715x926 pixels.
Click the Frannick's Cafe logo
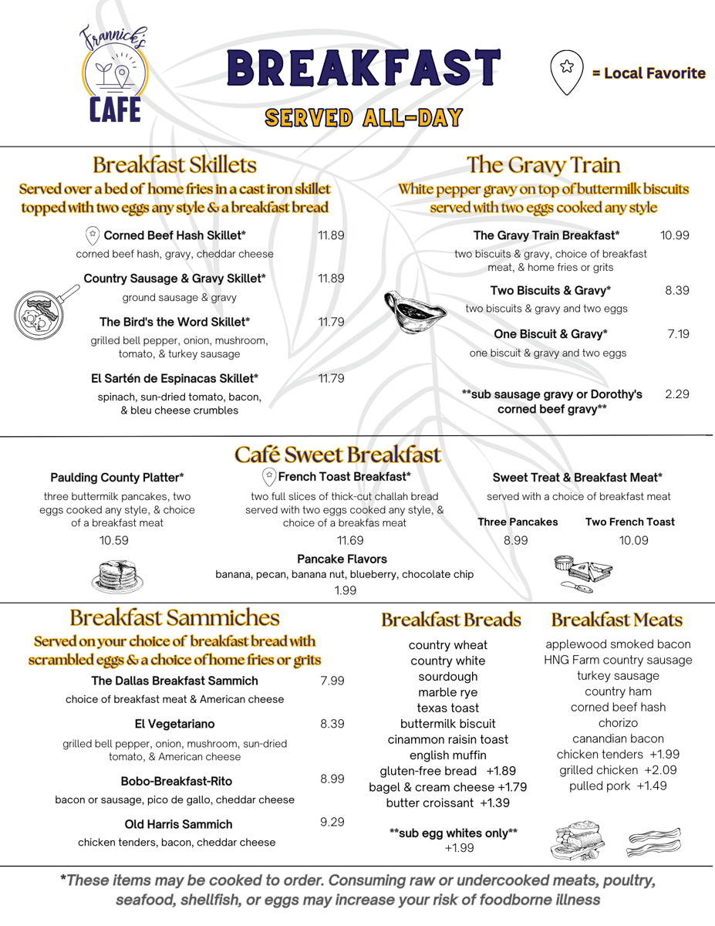114,75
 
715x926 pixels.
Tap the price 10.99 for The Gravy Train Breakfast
674,235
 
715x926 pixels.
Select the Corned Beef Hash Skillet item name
174,235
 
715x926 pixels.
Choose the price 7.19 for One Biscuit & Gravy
678,334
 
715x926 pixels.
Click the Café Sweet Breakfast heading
338,455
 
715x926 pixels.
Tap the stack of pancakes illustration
117,575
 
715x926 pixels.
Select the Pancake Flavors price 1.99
345,590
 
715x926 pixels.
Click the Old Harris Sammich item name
178,824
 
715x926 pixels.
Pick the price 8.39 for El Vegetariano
332,724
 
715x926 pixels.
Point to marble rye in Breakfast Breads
448,692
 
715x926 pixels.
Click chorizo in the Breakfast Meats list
618,723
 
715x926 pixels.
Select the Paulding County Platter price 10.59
114,540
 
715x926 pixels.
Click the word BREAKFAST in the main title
363,69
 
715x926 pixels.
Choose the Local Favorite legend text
649,73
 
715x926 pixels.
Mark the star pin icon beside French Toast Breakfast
269,476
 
